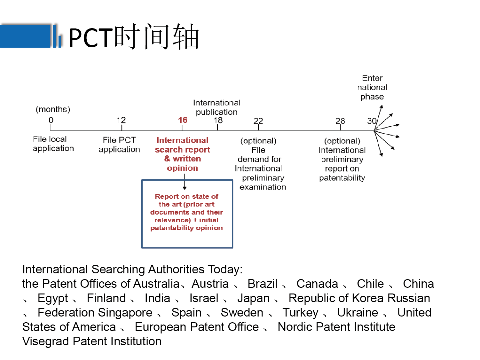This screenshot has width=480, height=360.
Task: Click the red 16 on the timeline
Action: click(x=183, y=120)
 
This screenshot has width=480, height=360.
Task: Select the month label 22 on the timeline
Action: click(x=258, y=121)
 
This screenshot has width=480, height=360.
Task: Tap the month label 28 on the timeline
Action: click(x=340, y=121)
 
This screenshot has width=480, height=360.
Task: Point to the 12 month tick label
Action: click(x=121, y=120)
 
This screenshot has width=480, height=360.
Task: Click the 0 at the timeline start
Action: click(x=51, y=120)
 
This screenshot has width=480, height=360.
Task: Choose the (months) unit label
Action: click(x=53, y=109)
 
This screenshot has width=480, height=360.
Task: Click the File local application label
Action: click(x=53, y=144)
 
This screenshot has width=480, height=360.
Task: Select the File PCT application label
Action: click(x=119, y=145)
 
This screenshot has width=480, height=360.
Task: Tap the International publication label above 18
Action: click(x=216, y=107)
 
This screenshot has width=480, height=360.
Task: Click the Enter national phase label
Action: click(x=372, y=87)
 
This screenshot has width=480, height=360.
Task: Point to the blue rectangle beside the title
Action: click(x=26, y=36)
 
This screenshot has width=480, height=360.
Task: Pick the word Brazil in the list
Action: click(x=262, y=284)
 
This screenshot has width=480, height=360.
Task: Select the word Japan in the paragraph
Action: click(x=253, y=298)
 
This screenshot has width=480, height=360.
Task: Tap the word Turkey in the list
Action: click(x=300, y=313)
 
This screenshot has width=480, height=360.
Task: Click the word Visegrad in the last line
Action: click(x=46, y=341)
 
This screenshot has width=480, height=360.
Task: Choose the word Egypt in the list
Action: click(x=53, y=298)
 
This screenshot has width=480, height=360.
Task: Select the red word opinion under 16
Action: click(x=183, y=168)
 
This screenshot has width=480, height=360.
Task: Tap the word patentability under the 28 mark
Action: click(x=342, y=178)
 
